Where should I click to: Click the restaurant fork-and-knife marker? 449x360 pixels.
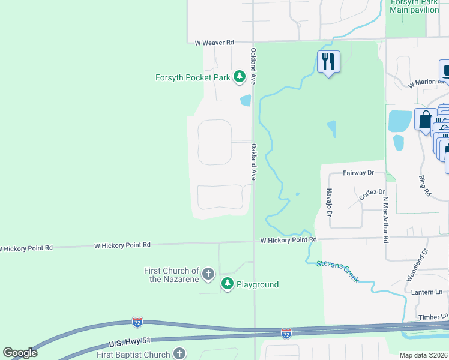(x=328, y=61)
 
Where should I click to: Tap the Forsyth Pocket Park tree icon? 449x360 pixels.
(x=240, y=76)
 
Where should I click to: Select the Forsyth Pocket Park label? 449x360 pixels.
(x=193, y=77)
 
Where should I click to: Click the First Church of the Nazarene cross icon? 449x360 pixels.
(x=208, y=275)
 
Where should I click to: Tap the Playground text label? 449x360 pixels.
(x=258, y=284)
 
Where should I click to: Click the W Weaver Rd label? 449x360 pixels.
(x=214, y=43)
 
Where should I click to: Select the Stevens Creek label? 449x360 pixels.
(x=337, y=271)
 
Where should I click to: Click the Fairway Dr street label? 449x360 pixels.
(x=358, y=173)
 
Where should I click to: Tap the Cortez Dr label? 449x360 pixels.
(x=372, y=194)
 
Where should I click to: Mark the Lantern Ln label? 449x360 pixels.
(x=427, y=292)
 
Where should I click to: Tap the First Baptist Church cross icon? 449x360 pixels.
(x=179, y=354)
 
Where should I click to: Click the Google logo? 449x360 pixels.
(x=20, y=353)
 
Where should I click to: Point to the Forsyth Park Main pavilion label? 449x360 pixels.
(x=414, y=6)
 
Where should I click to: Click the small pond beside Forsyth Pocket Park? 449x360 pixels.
(x=245, y=100)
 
